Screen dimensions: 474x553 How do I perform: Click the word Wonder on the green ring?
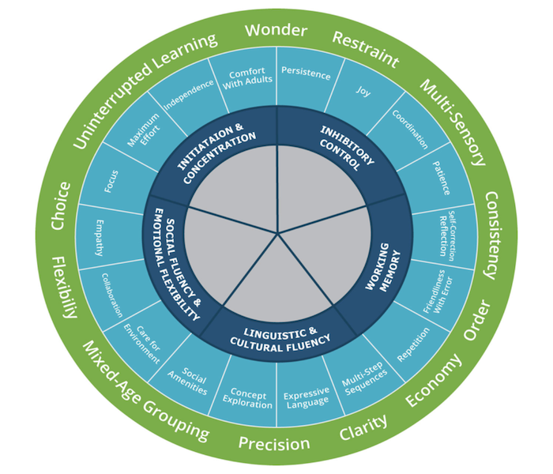[x=275, y=31]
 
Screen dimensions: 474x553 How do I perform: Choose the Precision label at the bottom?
[x=274, y=442]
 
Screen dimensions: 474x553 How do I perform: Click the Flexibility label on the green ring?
[x=64, y=285]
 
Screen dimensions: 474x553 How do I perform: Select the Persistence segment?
[x=306, y=74]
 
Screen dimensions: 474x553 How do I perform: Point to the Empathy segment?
[x=100, y=236]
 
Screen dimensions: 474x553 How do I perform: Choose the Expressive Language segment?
[x=306, y=397]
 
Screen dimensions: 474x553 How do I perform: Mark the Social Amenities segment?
[x=194, y=379]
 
